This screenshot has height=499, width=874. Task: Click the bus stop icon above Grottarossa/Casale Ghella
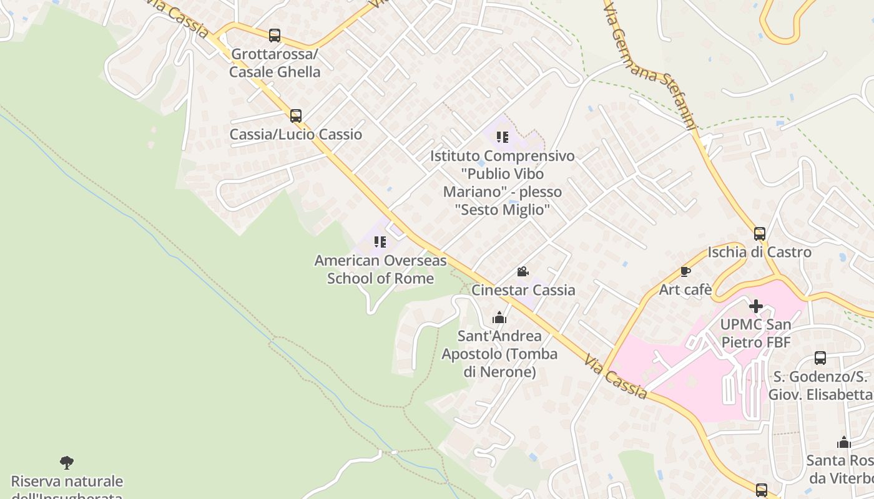275,36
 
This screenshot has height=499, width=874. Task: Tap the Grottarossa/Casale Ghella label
275,63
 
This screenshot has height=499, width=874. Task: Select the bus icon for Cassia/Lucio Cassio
296,115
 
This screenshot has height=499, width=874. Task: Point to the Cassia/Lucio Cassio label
296,134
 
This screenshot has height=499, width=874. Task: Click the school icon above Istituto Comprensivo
502,137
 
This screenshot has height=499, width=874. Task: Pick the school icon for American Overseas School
380,242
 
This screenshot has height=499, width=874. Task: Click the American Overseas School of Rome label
380,269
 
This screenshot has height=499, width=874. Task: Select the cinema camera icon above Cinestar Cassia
523,272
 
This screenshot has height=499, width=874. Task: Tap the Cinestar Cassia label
523,290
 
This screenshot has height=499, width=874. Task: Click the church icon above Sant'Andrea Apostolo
499,318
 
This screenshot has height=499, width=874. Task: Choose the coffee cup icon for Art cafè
685,271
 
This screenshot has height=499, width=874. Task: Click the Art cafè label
685,289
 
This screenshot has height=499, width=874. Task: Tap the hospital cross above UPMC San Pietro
755,306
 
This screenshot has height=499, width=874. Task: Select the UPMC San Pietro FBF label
755,333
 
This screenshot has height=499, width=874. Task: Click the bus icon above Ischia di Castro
759,234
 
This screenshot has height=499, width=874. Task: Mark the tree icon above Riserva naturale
67,463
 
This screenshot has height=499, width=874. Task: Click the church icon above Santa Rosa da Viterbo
844,443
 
